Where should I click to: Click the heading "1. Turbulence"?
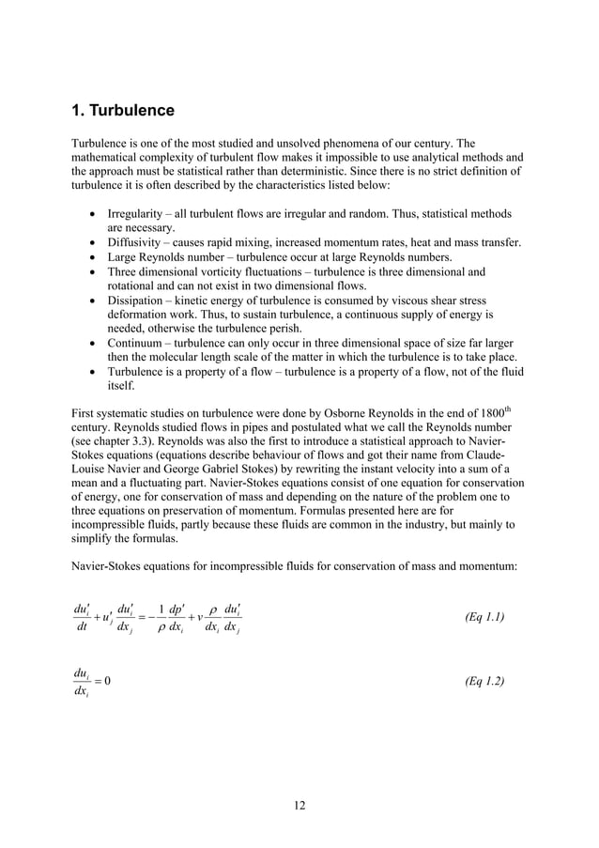(x=123, y=111)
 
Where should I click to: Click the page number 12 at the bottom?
(x=299, y=804)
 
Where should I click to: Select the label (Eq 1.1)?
(x=484, y=617)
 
